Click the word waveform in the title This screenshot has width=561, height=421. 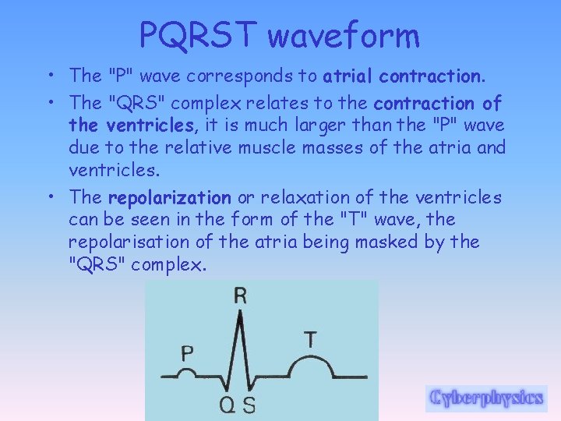[344, 35]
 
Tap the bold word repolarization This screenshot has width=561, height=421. [169, 198]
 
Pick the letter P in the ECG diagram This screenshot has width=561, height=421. [187, 352]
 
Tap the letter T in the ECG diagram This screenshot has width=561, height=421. [310, 339]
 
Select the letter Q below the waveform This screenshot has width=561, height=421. [227, 405]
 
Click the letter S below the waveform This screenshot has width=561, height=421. [249, 405]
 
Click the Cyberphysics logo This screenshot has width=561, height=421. [486, 398]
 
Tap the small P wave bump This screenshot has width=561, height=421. [187, 372]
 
